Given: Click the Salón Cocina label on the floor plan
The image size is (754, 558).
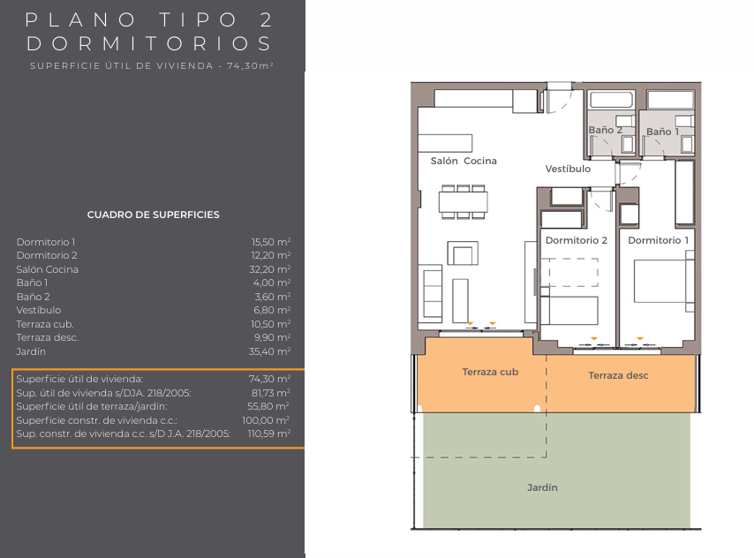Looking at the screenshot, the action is click(464, 161).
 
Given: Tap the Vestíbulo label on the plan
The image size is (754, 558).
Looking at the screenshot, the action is click(568, 169).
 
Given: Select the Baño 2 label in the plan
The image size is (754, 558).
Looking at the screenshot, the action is click(606, 130).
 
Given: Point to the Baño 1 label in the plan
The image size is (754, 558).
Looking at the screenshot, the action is click(663, 132).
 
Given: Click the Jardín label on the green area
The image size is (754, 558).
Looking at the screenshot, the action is click(542, 487).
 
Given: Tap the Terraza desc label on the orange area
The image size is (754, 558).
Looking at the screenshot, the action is click(618, 375).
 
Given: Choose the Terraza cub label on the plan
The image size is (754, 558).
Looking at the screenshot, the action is click(490, 372).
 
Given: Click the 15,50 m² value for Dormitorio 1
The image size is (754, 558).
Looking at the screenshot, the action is click(271, 242).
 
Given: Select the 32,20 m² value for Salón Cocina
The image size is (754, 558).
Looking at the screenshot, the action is click(270, 269).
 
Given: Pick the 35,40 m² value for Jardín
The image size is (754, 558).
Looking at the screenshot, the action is click(270, 351).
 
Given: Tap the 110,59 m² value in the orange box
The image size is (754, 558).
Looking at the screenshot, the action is click(268, 434).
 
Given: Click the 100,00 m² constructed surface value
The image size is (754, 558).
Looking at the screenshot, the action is click(266, 420).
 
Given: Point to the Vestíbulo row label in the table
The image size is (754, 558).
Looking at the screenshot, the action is click(39, 310).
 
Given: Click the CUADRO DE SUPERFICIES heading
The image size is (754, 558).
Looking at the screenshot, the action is click(153, 215).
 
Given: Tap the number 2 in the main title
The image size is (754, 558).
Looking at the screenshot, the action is click(266, 20).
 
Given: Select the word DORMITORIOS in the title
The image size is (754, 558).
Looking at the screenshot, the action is click(148, 44).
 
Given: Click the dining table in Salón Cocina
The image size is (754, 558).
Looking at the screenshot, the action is click(463, 202).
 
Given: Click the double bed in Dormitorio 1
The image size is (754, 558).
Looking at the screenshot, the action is click(661, 281).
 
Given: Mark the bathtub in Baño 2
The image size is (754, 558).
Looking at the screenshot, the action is click(611, 100).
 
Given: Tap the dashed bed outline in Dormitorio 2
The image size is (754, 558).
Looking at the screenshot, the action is click(569, 272).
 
